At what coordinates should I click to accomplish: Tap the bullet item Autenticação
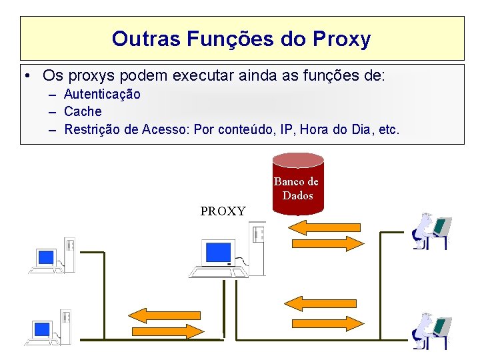click(102, 94)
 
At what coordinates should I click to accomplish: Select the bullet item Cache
click(83, 111)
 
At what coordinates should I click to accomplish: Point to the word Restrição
click(92, 129)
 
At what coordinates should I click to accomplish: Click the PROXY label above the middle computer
click(223, 211)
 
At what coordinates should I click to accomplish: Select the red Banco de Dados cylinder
click(297, 184)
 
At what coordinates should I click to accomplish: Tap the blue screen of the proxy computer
click(219, 252)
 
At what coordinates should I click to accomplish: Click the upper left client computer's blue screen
click(46, 257)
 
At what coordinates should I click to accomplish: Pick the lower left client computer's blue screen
click(42, 329)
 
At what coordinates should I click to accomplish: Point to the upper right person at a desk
click(431, 231)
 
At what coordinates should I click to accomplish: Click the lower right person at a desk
click(431, 331)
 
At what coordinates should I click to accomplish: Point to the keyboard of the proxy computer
click(213, 272)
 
